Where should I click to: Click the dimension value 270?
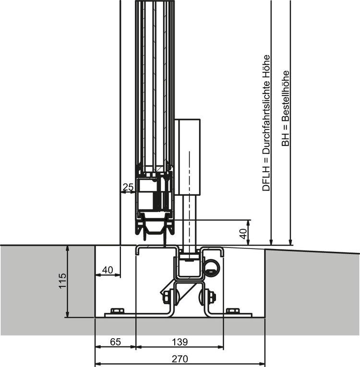point(180,358)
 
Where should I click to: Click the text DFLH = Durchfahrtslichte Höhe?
point(266,123)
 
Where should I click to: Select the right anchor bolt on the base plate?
point(233,311)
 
